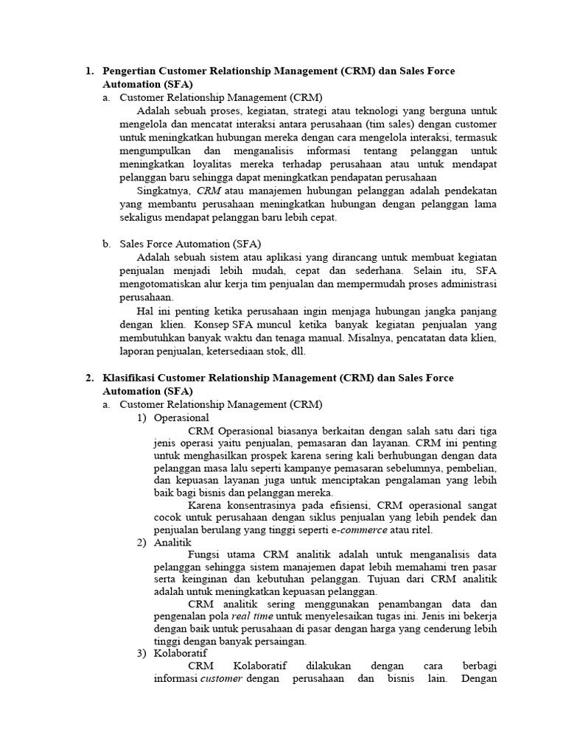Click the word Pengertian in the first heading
(130, 71)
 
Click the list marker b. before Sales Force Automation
(107, 244)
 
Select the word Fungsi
(203, 554)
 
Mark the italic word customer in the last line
(221, 679)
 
